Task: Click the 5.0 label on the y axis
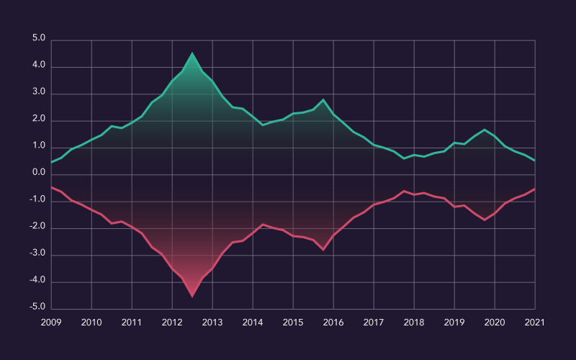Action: tap(38, 39)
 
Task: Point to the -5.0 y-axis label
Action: tap(37, 307)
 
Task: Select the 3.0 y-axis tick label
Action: tap(38, 93)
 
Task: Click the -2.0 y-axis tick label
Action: tap(37, 227)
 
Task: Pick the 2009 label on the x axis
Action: tap(51, 323)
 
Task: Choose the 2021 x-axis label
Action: tap(535, 323)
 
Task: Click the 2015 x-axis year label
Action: tap(293, 323)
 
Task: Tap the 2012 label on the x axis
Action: tap(172, 323)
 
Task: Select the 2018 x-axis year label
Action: tap(414, 323)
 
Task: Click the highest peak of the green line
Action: tap(192, 53)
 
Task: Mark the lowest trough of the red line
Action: tap(192, 296)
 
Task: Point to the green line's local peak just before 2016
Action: tap(323, 99)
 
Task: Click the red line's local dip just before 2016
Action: tap(323, 250)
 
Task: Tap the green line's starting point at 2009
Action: tap(51, 163)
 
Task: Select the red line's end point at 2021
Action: tap(535, 189)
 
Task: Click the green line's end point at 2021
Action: tap(535, 161)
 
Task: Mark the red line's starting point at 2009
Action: tap(51, 187)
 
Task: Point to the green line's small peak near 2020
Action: tap(485, 130)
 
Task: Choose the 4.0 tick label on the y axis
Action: tap(38, 66)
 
